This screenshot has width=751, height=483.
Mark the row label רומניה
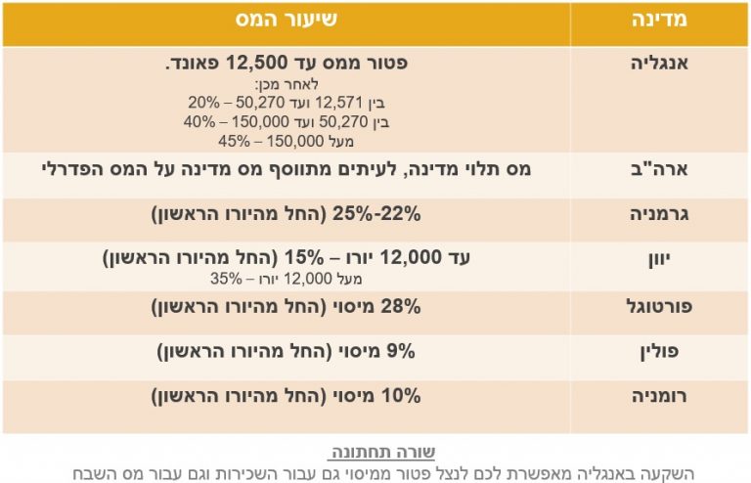click(x=657, y=397)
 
